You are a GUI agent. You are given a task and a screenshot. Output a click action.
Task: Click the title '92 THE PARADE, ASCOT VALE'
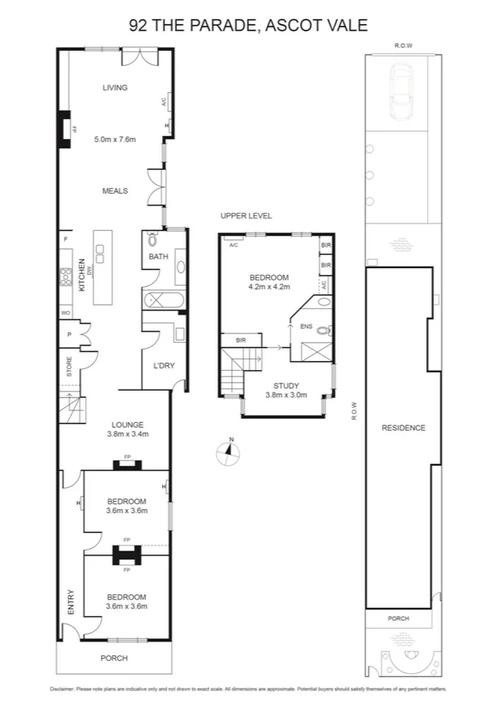click(x=248, y=25)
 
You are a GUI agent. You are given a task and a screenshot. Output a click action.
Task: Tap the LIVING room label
click(x=114, y=88)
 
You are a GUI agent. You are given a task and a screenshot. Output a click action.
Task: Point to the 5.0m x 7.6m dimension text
click(x=114, y=139)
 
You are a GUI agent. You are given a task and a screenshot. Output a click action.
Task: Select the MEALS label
click(x=114, y=190)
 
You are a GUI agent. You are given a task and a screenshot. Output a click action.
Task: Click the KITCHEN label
click(x=82, y=275)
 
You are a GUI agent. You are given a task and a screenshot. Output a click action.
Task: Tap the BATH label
click(x=158, y=257)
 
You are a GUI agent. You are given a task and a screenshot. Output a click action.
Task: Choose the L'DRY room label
click(x=162, y=366)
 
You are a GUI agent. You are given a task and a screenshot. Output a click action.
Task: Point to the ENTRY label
click(x=71, y=602)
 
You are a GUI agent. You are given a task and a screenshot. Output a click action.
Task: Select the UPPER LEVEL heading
click(x=246, y=215)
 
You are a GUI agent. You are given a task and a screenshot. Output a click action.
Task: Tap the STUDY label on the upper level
click(x=287, y=385)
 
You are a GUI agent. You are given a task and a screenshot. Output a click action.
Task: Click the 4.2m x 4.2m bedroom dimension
click(x=269, y=286)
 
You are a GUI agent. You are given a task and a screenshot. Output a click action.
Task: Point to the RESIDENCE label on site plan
click(x=403, y=427)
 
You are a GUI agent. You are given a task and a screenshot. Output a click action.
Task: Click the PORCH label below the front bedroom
click(x=114, y=658)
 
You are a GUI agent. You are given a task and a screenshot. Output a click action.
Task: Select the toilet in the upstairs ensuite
click(x=325, y=330)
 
